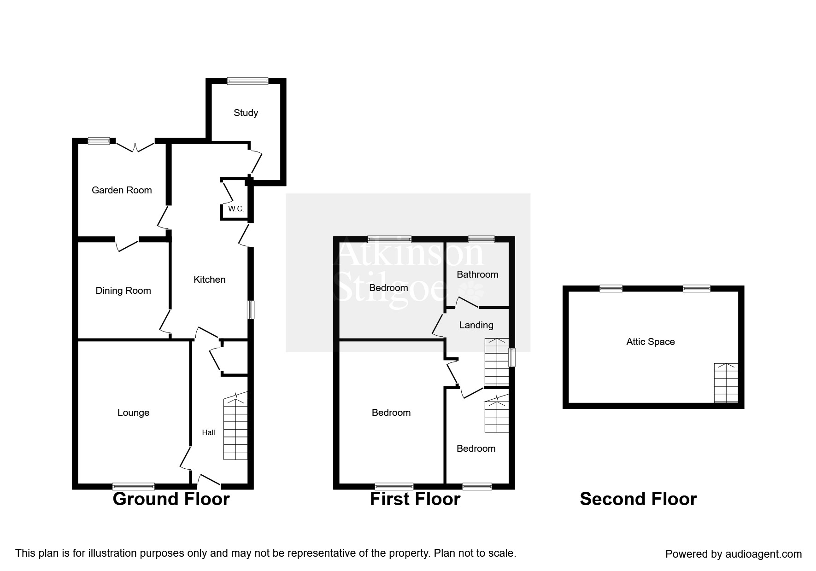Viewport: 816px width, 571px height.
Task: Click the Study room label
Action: pos(246,113)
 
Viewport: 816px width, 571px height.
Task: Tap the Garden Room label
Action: pos(122,190)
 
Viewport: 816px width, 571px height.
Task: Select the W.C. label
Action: pos(236,209)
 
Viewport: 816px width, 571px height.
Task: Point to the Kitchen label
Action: pos(210,280)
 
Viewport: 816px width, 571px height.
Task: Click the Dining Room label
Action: pos(123,291)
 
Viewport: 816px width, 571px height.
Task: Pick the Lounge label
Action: pos(133,413)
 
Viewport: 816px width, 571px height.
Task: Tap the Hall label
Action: pos(208,432)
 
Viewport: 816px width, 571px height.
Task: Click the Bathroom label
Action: pos(477,274)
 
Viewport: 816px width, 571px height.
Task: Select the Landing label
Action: pos(476,325)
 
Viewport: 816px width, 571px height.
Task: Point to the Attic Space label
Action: pos(650,342)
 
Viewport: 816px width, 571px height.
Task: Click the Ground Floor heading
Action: pos(171,499)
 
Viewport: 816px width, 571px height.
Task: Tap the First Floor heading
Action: pos(415,499)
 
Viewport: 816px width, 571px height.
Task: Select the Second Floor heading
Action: pos(638,499)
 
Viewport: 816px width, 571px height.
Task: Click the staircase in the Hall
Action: pos(235,428)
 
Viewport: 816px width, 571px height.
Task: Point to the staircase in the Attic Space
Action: pos(726,383)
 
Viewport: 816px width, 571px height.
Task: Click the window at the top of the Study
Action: pos(247,82)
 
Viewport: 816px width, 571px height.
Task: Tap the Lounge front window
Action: pos(133,486)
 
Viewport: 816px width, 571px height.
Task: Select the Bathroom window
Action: pos(481,239)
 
